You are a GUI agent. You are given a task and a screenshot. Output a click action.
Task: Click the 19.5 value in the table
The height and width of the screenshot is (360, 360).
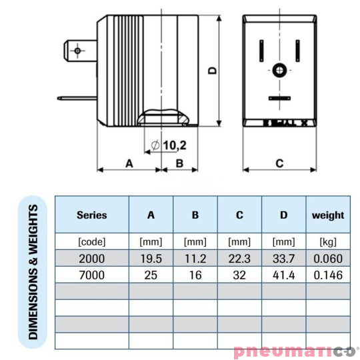tap(151, 258)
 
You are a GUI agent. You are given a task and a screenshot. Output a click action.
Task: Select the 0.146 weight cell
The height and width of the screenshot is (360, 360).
tap(328, 275)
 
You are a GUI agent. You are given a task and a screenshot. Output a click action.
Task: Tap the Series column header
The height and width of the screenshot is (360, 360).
tap(91, 215)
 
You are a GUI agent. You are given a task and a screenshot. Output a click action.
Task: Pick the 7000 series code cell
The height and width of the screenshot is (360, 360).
tap(91, 275)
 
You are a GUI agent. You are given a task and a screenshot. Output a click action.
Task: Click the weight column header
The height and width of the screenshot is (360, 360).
tap(328, 215)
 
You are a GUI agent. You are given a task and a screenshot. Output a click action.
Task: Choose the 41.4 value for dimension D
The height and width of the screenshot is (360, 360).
tap(283, 275)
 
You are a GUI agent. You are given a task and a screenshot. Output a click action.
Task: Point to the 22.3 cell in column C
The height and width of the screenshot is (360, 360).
tap(239, 258)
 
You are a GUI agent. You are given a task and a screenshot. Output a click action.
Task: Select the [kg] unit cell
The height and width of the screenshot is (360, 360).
tap(328, 241)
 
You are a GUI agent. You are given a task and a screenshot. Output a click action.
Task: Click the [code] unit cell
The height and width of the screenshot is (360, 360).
tap(91, 241)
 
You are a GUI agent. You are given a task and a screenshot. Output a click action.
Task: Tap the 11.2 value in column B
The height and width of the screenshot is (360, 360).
tap(195, 258)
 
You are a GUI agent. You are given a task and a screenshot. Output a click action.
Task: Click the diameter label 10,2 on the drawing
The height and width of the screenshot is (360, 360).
tap(173, 145)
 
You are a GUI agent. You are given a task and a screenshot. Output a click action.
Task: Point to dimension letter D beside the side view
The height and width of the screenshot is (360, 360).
tap(212, 71)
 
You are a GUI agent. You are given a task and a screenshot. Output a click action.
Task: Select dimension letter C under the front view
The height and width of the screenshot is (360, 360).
tap(279, 162)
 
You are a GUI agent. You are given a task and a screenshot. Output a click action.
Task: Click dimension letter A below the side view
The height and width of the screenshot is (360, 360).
tap(129, 162)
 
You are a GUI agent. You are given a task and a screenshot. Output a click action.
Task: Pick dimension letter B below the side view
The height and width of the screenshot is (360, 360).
tap(179, 162)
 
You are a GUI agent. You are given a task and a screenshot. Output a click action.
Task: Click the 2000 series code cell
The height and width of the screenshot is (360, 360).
tap(91, 258)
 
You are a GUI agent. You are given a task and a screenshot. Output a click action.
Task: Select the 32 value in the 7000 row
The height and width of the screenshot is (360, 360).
tap(239, 275)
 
